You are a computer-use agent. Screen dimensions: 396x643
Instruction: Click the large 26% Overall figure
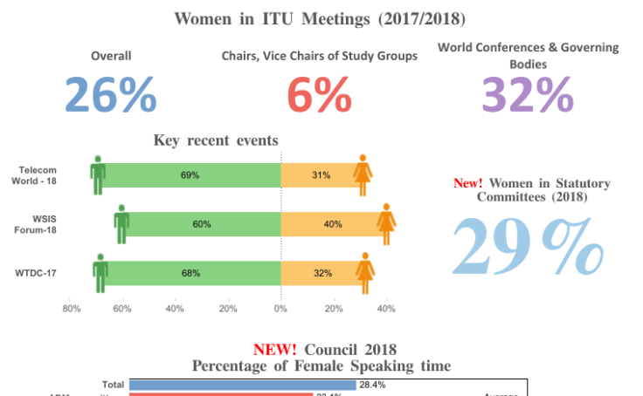pyautogui.click(x=111, y=95)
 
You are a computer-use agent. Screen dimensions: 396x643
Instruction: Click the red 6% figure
pyautogui.click(x=319, y=95)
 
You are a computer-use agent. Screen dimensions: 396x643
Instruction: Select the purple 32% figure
pyautogui.click(x=528, y=95)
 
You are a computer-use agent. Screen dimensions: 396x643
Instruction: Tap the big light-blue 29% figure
pyautogui.click(x=528, y=247)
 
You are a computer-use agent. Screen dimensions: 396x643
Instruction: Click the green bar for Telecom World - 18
pyautogui.click(x=190, y=175)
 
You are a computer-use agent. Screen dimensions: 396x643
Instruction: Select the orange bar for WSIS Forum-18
pyautogui.click(x=333, y=224)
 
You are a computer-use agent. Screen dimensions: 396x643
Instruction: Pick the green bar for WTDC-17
pyautogui.click(x=191, y=273)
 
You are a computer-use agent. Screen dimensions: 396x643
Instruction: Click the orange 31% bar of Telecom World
pyautogui.click(x=321, y=175)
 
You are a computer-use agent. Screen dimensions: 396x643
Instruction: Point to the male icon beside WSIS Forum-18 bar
pyautogui.click(x=122, y=224)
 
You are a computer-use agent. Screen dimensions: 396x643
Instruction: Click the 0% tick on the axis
pyautogui.click(x=280, y=308)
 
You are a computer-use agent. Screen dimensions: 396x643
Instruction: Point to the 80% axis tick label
pyautogui.click(x=72, y=308)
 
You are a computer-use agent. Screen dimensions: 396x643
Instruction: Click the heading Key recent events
pyautogui.click(x=216, y=140)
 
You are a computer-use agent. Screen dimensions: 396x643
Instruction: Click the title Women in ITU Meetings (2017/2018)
pyautogui.click(x=321, y=18)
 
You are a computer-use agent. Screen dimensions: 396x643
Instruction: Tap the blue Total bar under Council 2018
pyautogui.click(x=242, y=385)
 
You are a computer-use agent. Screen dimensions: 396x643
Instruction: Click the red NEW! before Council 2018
pyautogui.click(x=274, y=350)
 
